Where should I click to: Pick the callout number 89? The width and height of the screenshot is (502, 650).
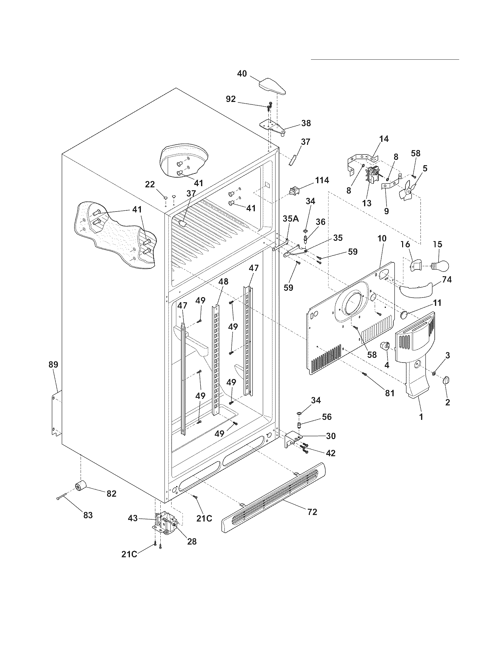[x=53, y=364]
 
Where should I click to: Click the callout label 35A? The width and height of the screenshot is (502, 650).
[x=291, y=219]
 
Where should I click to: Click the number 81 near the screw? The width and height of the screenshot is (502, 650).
[x=389, y=393]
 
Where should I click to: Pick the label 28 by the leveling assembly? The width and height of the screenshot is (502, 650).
[x=192, y=541]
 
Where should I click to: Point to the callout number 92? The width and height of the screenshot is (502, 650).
[x=231, y=99]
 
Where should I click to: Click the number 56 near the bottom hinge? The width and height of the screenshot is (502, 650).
[x=327, y=417]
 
